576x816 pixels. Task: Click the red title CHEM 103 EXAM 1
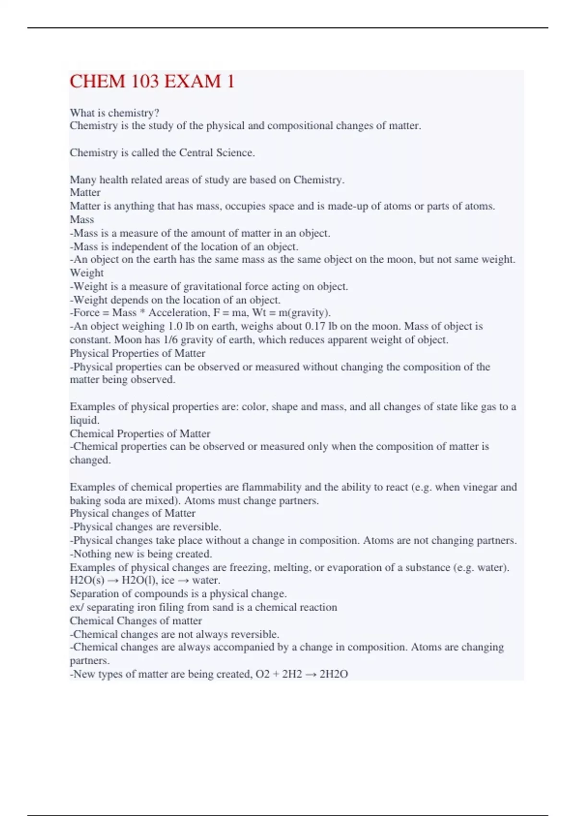[x=152, y=81]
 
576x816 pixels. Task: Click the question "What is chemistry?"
[x=114, y=113]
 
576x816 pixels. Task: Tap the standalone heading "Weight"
[x=86, y=273]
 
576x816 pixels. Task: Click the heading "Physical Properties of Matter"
[x=137, y=353]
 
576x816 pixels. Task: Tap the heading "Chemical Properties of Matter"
[x=140, y=433]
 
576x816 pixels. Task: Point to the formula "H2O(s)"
[x=87, y=580]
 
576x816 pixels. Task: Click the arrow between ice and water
[x=183, y=580]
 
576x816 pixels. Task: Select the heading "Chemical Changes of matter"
[x=136, y=620]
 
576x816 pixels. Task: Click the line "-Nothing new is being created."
[x=141, y=553]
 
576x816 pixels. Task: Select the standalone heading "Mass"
[x=82, y=219]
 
